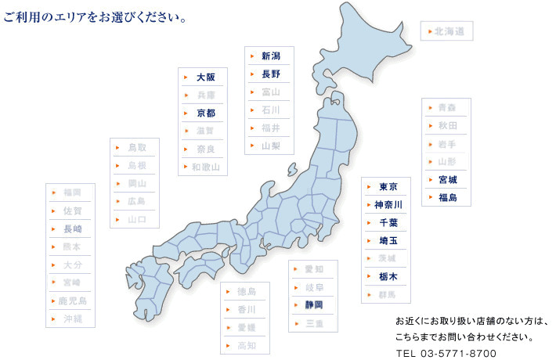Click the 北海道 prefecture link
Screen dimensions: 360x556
coord(449,31)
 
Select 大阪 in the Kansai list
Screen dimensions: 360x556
coord(206,77)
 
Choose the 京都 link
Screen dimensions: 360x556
coord(206,113)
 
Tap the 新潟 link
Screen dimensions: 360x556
coord(271,56)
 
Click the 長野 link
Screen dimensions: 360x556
coord(271,74)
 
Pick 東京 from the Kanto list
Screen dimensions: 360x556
coord(388,186)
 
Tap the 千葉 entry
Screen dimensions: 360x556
coord(388,222)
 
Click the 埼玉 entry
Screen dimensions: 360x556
coord(388,240)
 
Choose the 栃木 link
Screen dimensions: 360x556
coord(388,276)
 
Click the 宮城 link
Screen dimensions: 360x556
coord(448,179)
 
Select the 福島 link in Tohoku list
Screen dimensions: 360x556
coord(448,197)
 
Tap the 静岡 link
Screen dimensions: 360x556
coord(313,304)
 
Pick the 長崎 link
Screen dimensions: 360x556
coord(72,229)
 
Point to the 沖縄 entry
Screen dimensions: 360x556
coord(72,319)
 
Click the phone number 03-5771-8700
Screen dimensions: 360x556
coord(446,353)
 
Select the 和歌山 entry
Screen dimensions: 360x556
coord(206,167)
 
